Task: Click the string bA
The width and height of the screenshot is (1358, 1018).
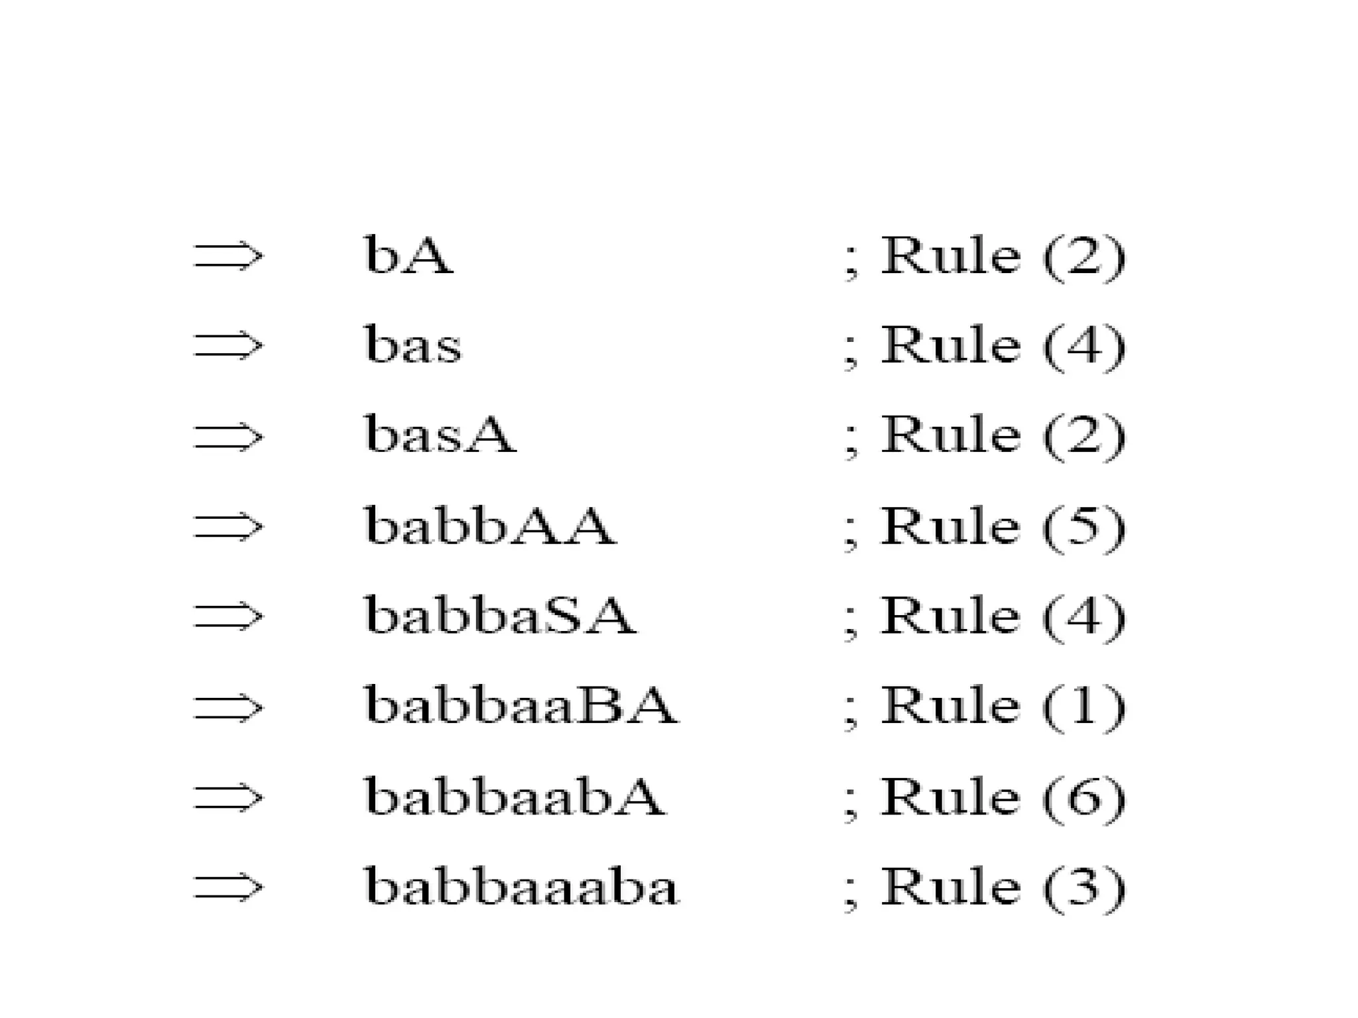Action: point(408,255)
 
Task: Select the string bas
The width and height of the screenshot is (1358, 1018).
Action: point(412,345)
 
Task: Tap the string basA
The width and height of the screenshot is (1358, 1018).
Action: point(440,435)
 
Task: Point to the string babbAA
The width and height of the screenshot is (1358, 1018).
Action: point(490,526)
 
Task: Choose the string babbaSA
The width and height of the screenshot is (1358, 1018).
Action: point(500,616)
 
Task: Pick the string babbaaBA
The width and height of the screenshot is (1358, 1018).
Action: point(521,706)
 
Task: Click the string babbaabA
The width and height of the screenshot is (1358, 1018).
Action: point(515,796)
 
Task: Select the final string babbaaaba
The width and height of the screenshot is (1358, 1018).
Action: point(521,887)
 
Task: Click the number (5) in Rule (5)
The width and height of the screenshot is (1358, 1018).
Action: point(1084,527)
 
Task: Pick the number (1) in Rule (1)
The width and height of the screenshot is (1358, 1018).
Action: point(1084,707)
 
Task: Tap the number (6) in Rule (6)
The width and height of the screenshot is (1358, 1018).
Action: point(1084,797)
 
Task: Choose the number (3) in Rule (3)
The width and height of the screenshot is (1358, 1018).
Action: point(1084,887)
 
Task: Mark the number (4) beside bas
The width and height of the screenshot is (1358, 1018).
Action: point(1084,346)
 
